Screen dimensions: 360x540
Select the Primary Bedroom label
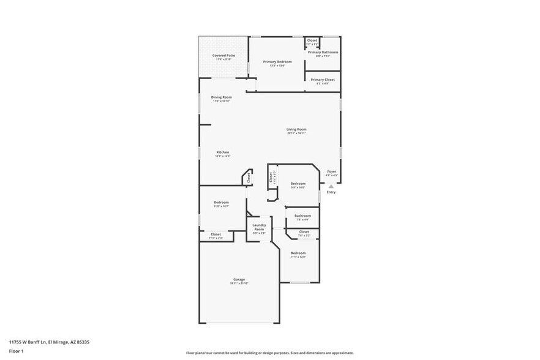(277, 62)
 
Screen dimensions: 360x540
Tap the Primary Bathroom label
(323, 53)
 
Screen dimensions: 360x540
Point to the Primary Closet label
(323, 80)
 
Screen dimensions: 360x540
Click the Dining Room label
(222, 97)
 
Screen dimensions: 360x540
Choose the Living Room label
(296, 129)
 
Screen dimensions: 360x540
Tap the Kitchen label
(223, 152)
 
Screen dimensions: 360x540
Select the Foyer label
(331, 171)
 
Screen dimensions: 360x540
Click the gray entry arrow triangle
(331, 186)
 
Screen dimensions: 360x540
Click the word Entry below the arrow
(331, 192)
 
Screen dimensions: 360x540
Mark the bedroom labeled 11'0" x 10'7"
(221, 203)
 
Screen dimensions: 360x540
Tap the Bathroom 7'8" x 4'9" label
(302, 216)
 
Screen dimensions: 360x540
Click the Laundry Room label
(259, 227)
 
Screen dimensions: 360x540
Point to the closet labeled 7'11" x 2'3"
(216, 234)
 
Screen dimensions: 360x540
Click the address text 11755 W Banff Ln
(28, 342)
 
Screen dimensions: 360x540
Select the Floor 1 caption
(16, 351)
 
